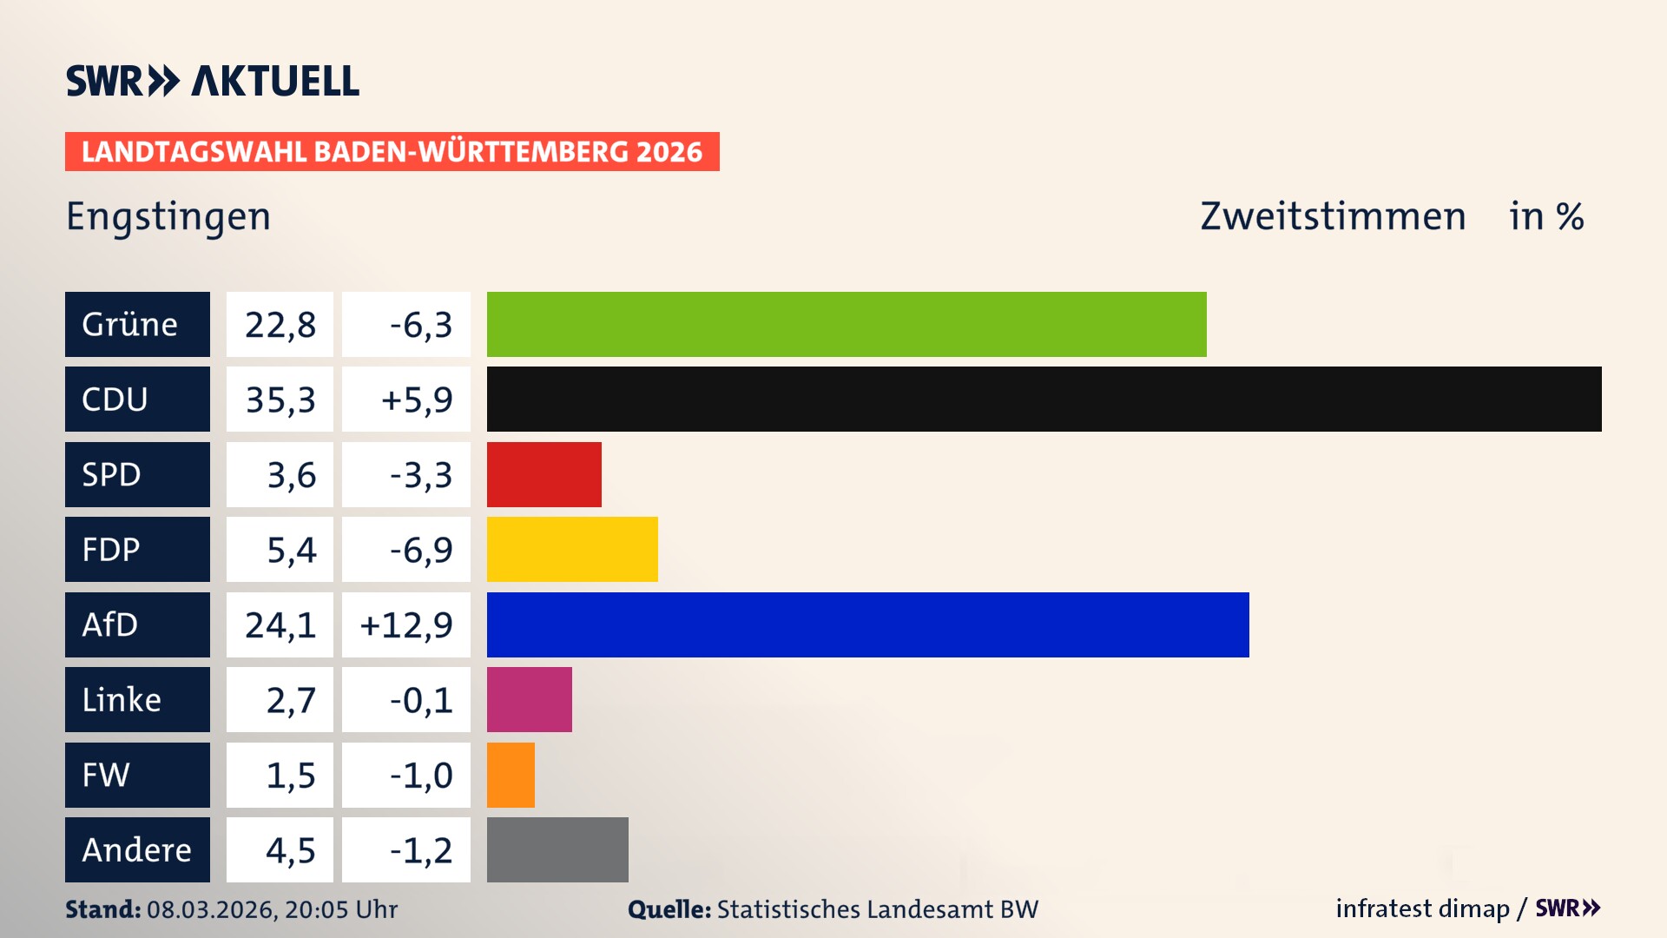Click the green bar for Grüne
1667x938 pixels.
(x=847, y=324)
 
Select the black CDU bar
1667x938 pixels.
(x=1044, y=399)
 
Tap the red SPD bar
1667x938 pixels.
(x=544, y=474)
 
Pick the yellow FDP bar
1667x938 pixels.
(x=572, y=549)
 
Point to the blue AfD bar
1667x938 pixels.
(x=867, y=624)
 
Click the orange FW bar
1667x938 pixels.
(x=511, y=775)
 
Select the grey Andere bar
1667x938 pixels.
(x=557, y=849)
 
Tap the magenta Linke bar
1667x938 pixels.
(x=529, y=699)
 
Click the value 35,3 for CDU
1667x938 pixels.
(x=280, y=400)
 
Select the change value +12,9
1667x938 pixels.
(x=406, y=624)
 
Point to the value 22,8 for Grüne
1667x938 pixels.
(x=280, y=325)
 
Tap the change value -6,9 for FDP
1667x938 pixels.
(x=420, y=550)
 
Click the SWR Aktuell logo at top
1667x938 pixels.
(x=212, y=81)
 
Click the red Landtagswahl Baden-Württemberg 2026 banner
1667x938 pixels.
(x=392, y=152)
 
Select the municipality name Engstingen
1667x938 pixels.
(x=168, y=216)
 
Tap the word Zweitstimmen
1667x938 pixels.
(x=1333, y=216)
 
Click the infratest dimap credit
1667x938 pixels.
(x=1422, y=908)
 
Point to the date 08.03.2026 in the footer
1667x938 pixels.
(x=211, y=909)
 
